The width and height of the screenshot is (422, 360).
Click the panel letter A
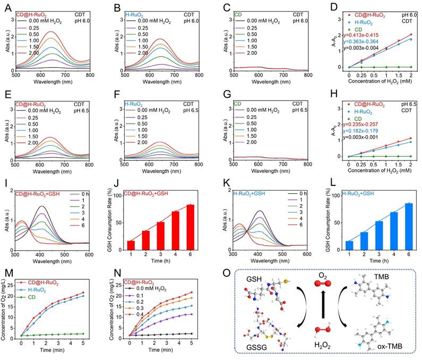click(7, 7)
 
